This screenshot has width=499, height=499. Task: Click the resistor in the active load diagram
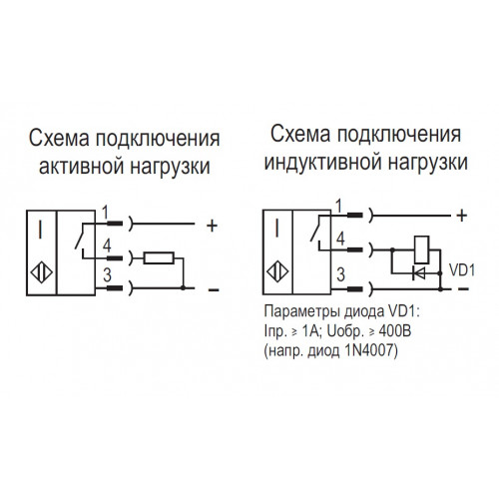pyautogui.click(x=159, y=257)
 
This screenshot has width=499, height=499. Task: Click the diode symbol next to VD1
pyautogui.click(x=419, y=273)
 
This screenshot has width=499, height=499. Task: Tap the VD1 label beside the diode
pyautogui.click(x=462, y=270)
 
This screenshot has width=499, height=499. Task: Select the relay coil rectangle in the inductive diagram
pyautogui.click(x=421, y=249)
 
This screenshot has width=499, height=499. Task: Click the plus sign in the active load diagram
pyautogui.click(x=212, y=227)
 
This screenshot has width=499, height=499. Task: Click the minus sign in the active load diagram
pyautogui.click(x=214, y=290)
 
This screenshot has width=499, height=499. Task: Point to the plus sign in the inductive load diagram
pyautogui.click(x=462, y=216)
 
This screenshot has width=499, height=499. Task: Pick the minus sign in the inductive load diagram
pyautogui.click(x=463, y=289)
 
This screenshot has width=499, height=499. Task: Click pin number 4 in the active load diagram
pyautogui.click(x=107, y=246)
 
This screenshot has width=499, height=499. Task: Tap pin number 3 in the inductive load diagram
pyautogui.click(x=340, y=274)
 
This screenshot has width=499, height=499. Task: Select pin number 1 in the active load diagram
pyautogui.click(x=105, y=212)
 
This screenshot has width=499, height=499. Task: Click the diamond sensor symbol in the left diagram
pyautogui.click(x=42, y=273)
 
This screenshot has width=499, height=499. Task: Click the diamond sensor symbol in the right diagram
pyautogui.click(x=277, y=272)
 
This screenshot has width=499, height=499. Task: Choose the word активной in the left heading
pyautogui.click(x=82, y=166)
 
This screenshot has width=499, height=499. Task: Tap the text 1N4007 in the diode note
pyautogui.click(x=367, y=350)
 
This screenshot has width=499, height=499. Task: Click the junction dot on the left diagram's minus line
pyautogui.click(x=183, y=287)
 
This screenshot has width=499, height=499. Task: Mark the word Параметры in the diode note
pyautogui.click(x=302, y=312)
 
